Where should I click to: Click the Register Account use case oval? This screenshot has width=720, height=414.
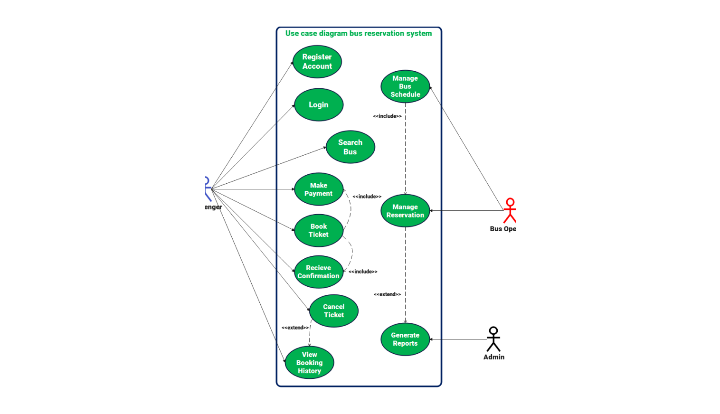pyautogui.click(x=317, y=62)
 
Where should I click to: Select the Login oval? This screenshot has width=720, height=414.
pyautogui.click(x=319, y=105)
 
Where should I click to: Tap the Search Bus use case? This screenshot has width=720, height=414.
pyautogui.click(x=351, y=147)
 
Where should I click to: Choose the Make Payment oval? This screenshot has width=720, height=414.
pyautogui.click(x=319, y=189)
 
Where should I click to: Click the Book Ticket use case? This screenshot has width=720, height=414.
pyautogui.click(x=319, y=231)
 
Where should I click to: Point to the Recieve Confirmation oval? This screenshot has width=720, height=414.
pyautogui.click(x=319, y=272)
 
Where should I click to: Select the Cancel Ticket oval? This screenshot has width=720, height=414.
pyautogui.click(x=334, y=311)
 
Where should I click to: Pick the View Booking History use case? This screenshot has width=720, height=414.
pyautogui.click(x=310, y=363)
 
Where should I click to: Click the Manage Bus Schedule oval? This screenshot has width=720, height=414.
pyautogui.click(x=405, y=86)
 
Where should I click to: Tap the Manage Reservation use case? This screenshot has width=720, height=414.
pyautogui.click(x=405, y=211)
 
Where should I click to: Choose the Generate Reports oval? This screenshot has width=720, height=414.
pyautogui.click(x=405, y=339)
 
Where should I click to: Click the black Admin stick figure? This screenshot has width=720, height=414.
pyautogui.click(x=493, y=339)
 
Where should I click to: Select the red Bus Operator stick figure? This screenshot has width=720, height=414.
pyautogui.click(x=510, y=211)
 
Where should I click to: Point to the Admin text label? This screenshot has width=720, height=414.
pyautogui.click(x=494, y=357)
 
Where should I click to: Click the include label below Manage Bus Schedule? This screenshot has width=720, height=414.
pyautogui.click(x=387, y=116)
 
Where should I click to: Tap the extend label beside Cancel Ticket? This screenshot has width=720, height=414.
pyautogui.click(x=295, y=328)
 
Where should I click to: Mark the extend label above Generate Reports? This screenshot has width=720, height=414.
pyautogui.click(x=387, y=294)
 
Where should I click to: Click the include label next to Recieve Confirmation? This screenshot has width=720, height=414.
pyautogui.click(x=363, y=272)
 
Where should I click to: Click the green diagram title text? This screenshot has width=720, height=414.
pyautogui.click(x=359, y=33)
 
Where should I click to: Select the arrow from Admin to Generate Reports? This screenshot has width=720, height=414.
pyautogui.click(x=458, y=339)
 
